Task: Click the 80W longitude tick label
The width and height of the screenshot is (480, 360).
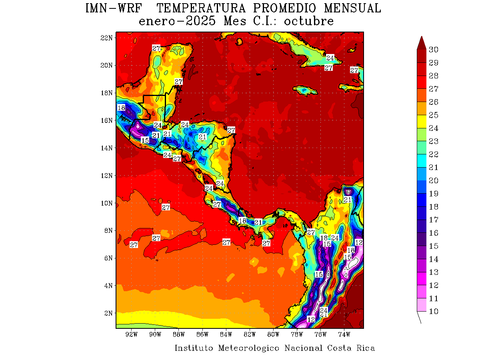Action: (273, 334)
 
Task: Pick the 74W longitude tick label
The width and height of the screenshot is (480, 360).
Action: (344, 334)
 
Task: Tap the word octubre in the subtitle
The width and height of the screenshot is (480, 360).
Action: (309, 21)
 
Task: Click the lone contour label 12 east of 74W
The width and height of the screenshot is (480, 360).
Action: (359, 242)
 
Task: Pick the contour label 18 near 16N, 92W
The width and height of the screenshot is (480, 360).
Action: (121, 108)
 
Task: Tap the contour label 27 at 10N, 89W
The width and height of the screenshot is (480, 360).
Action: (166, 207)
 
